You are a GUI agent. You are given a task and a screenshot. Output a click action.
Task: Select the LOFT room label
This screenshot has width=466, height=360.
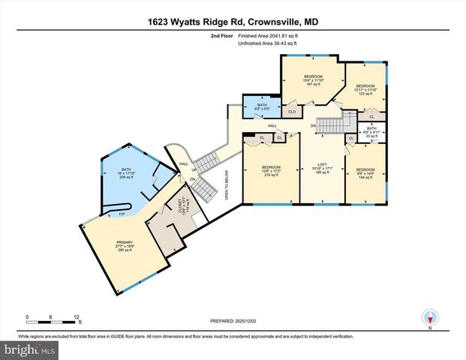322,166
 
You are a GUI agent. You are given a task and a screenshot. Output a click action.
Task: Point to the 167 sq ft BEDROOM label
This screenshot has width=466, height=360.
313,81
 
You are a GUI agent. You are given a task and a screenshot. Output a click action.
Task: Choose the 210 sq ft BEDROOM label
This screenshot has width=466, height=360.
270,170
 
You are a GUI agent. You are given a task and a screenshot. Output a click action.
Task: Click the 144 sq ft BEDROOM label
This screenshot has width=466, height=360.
365,173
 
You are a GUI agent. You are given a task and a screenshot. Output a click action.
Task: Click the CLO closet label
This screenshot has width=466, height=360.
292,112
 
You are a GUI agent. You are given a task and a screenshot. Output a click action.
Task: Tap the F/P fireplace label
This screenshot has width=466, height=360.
122,214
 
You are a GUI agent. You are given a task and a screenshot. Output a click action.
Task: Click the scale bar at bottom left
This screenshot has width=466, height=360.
52,321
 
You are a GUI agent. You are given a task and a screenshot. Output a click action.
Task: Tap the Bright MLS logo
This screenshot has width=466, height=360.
29,350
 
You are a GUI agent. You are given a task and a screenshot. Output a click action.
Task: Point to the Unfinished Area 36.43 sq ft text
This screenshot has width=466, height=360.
268,43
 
